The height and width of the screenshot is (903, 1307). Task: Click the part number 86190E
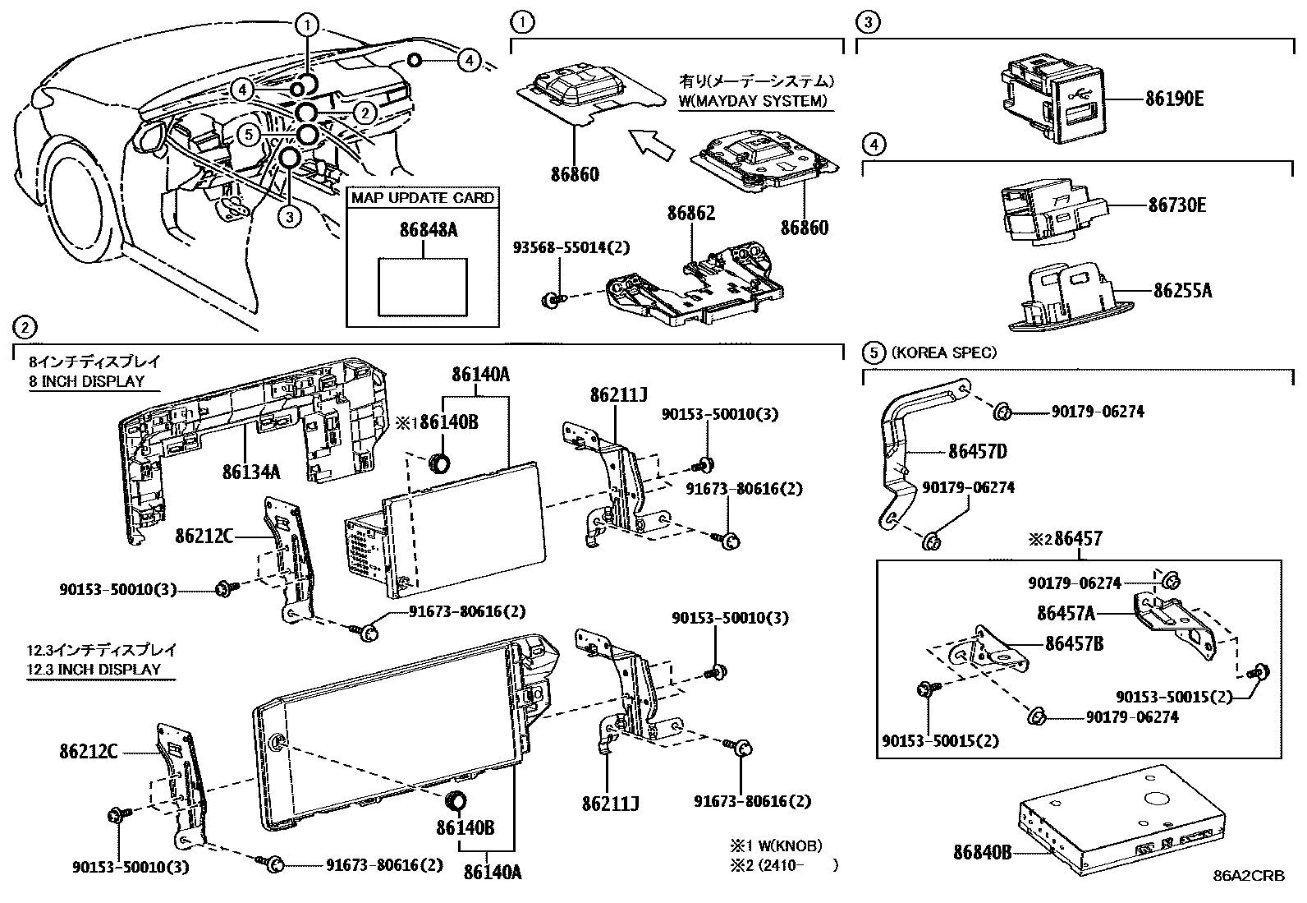(x=1174, y=99)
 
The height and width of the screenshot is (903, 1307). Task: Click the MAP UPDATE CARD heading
(x=423, y=198)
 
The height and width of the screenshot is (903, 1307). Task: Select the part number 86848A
(x=423, y=230)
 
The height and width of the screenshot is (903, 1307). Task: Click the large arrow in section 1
(x=650, y=143)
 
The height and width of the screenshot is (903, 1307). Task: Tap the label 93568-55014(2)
(x=571, y=247)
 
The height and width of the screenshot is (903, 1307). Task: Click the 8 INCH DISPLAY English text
(x=86, y=381)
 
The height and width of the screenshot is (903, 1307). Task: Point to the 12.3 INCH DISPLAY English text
(x=93, y=669)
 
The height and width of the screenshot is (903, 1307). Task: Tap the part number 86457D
(x=977, y=451)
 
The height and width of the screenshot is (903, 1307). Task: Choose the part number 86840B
(x=982, y=852)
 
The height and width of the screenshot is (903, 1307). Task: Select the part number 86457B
(x=1073, y=643)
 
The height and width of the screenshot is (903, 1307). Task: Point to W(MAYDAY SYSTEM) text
(x=753, y=102)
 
